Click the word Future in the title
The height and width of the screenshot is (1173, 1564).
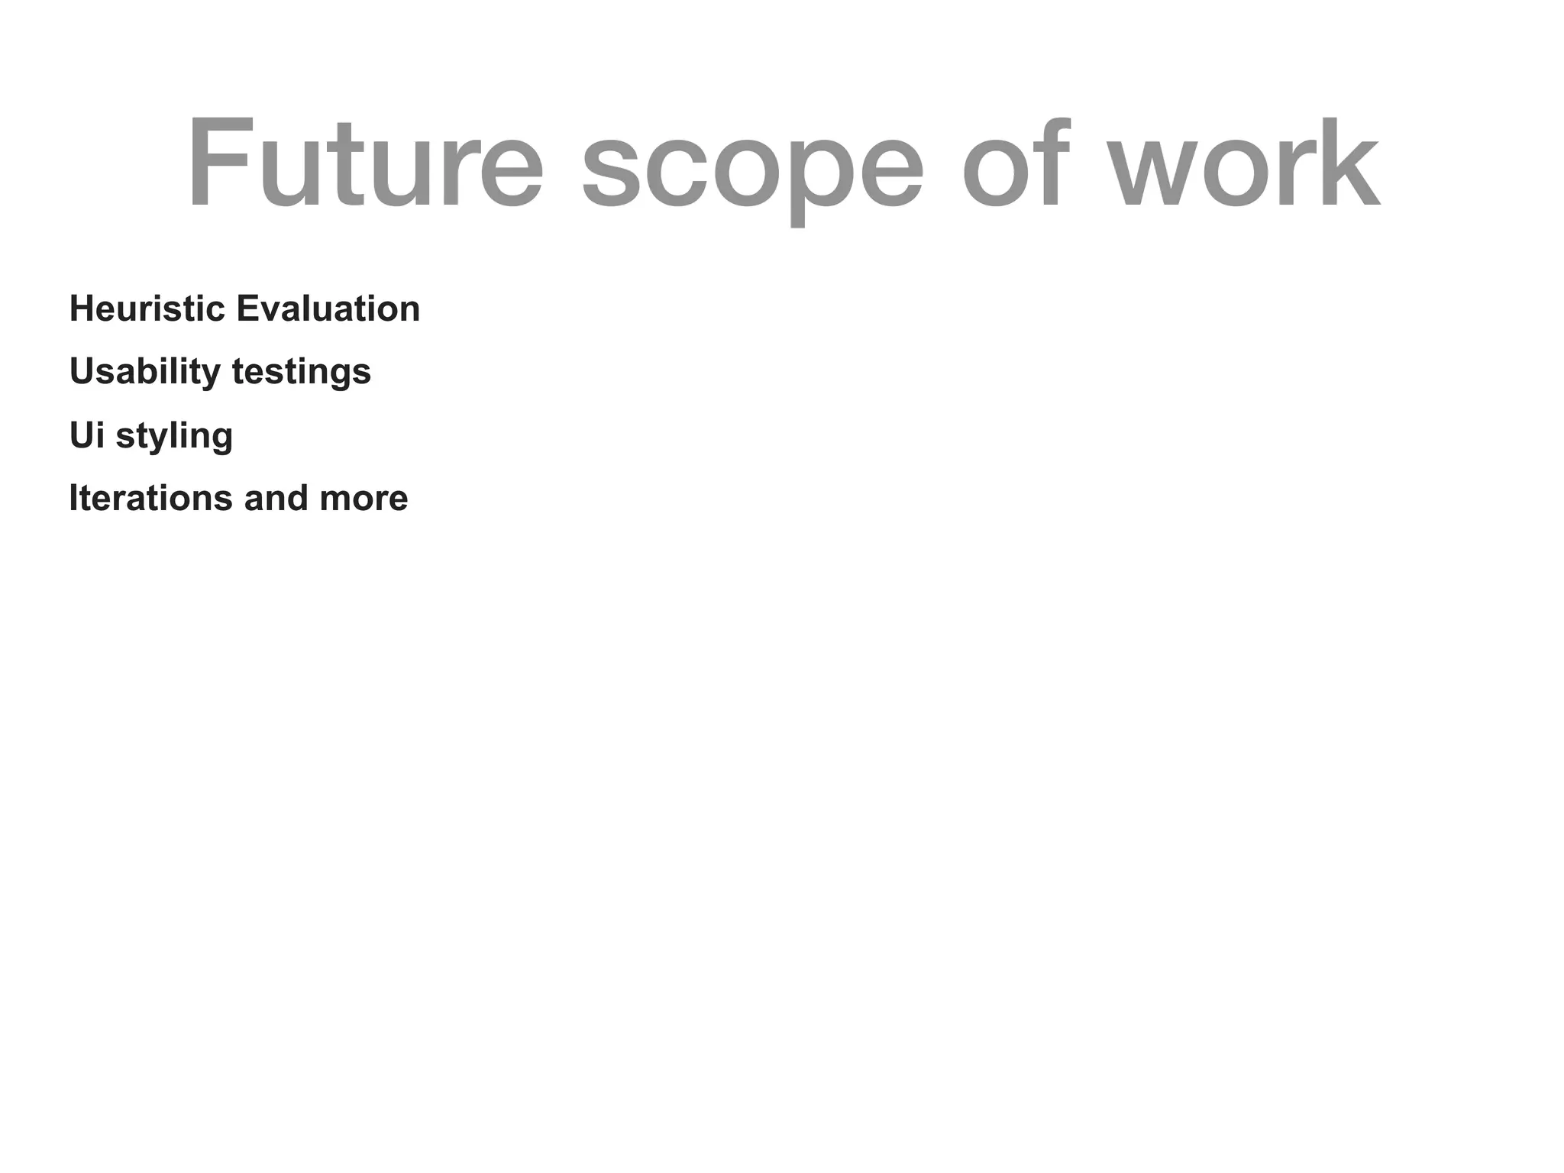click(x=365, y=163)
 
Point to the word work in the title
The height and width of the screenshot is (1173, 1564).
click(x=1245, y=163)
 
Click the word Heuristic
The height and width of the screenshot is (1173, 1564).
click(x=147, y=309)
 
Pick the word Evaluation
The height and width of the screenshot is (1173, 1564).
click(x=328, y=309)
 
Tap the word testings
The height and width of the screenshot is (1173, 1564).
click(x=302, y=373)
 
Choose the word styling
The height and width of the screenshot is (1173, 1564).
click(x=174, y=437)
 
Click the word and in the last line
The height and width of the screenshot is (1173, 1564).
click(x=276, y=498)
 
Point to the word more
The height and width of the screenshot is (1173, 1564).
click(x=364, y=499)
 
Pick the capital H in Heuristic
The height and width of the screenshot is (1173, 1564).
click(x=82, y=309)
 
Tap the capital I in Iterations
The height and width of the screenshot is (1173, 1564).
click(x=73, y=498)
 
